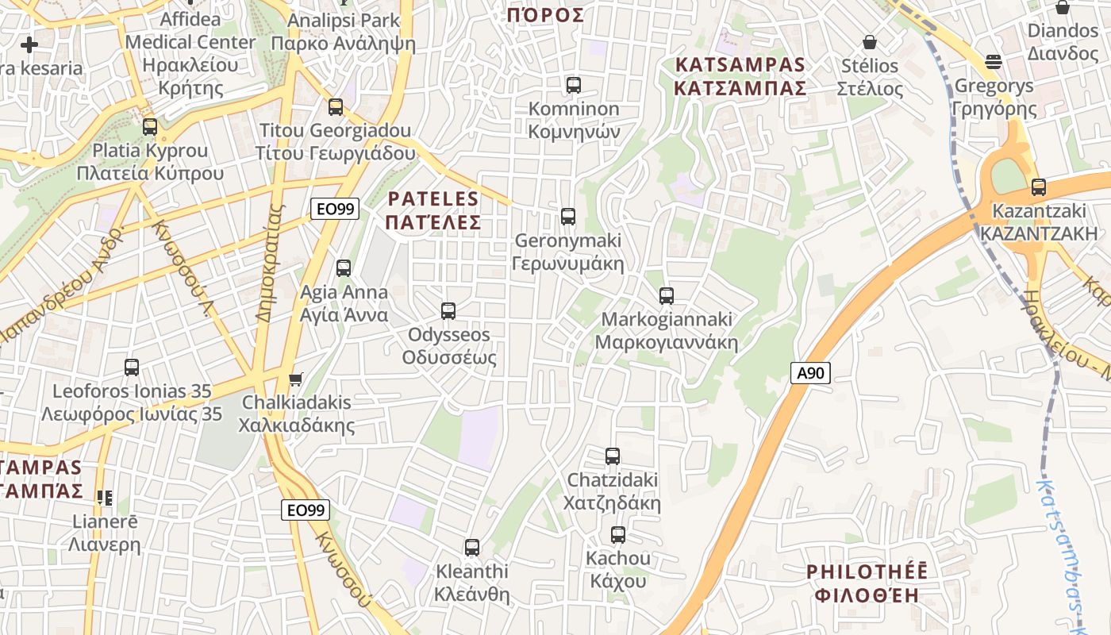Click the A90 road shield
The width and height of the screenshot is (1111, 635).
[810, 372]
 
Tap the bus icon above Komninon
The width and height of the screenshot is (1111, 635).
[574, 85]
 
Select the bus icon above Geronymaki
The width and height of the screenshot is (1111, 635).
[568, 216]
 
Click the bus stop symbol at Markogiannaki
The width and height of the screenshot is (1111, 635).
[667, 296]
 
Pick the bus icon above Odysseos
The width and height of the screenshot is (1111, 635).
[448, 311]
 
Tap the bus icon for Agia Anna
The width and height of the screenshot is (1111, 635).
[344, 268]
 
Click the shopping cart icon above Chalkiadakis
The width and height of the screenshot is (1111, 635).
[296, 379]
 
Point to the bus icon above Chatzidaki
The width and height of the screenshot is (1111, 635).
[613, 456]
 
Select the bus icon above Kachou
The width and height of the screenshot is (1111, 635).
[618, 535]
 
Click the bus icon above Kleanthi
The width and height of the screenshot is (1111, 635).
[472, 548]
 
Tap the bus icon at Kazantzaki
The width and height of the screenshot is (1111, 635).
[1039, 187]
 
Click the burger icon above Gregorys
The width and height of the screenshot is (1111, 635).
[994, 61]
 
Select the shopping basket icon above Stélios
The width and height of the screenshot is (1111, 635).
[870, 41]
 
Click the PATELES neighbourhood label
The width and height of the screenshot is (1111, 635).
[433, 210]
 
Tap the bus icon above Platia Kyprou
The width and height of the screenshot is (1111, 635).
[150, 127]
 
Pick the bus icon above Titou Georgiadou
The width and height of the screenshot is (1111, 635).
[336, 107]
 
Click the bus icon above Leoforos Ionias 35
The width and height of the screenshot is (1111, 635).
[132, 368]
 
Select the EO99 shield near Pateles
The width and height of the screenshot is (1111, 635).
[334, 210]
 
